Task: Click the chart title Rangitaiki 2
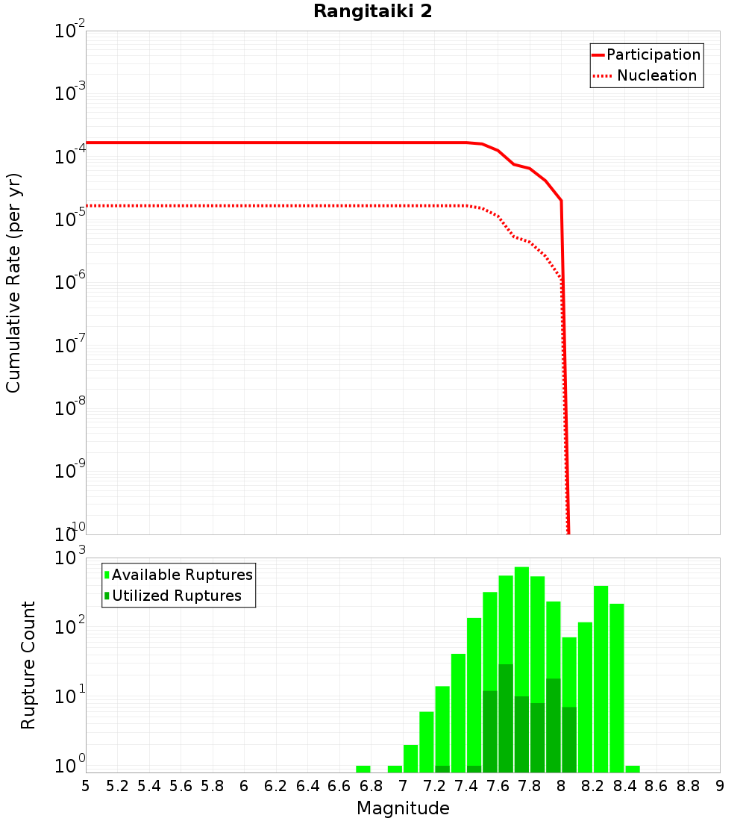372,12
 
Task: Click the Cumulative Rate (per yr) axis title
13,283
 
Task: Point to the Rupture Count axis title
28,665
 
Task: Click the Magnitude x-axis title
403,808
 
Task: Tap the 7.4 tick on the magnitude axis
466,786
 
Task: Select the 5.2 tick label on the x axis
117,786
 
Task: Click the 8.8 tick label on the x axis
688,786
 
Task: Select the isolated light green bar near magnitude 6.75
363,769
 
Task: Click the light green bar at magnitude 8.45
633,769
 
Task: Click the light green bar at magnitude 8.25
601,679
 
